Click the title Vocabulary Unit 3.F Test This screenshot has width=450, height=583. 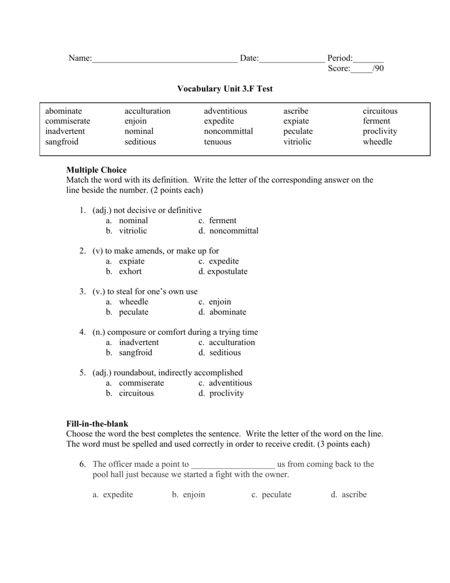click(x=225, y=89)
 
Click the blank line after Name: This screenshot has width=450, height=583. click(x=164, y=59)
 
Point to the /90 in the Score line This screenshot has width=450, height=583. click(x=378, y=69)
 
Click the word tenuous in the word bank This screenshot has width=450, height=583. click(x=217, y=142)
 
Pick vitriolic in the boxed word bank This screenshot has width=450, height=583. click(x=297, y=142)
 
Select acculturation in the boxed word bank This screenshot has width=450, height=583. click(x=147, y=111)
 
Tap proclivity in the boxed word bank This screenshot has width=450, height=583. click(x=379, y=132)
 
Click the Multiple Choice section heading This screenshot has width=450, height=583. click(x=96, y=170)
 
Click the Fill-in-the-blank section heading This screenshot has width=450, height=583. click(x=97, y=424)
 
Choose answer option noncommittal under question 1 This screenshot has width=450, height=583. click(x=233, y=231)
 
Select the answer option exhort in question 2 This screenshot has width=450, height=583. click(x=130, y=272)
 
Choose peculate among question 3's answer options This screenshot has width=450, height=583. click(x=133, y=312)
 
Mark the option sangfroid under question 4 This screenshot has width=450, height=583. click(x=135, y=352)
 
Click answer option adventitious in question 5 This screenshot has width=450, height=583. click(x=230, y=383)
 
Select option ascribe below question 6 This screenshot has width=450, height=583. click(x=354, y=495)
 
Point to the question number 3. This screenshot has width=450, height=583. click(x=82, y=291)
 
